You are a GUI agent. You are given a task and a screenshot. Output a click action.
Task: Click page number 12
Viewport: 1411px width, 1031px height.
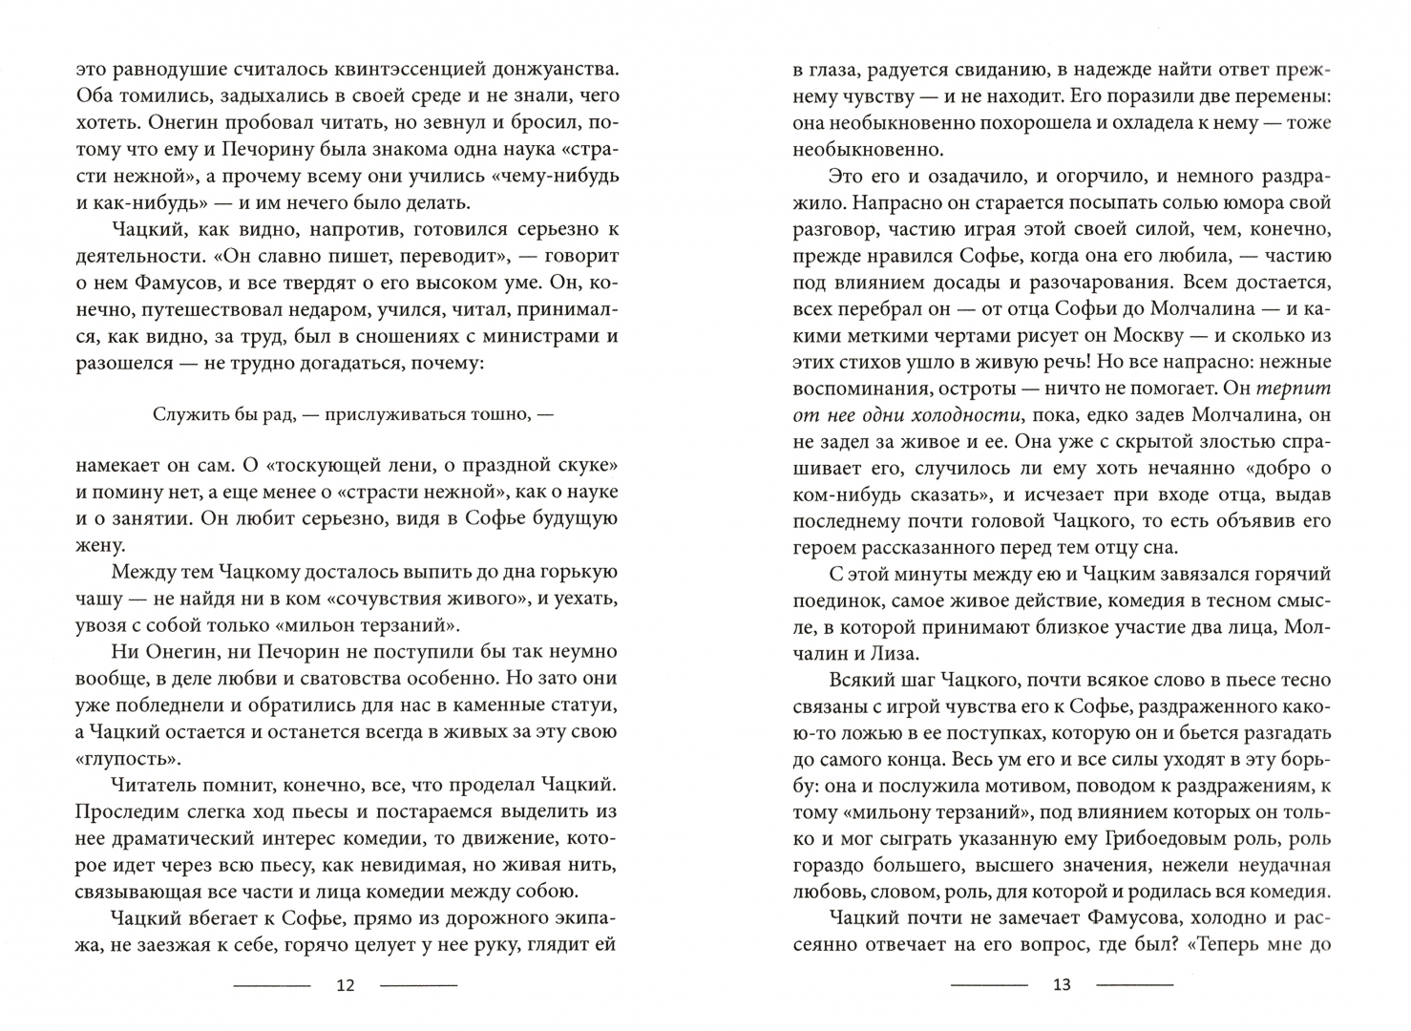coord(346,985)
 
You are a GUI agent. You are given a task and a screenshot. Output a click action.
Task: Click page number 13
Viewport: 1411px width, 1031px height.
coord(1062,985)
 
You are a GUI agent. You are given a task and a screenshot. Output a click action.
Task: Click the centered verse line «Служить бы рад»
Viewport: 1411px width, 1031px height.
coord(352,414)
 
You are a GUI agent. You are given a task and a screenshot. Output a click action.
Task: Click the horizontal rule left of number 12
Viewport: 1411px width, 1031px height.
coord(272,985)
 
